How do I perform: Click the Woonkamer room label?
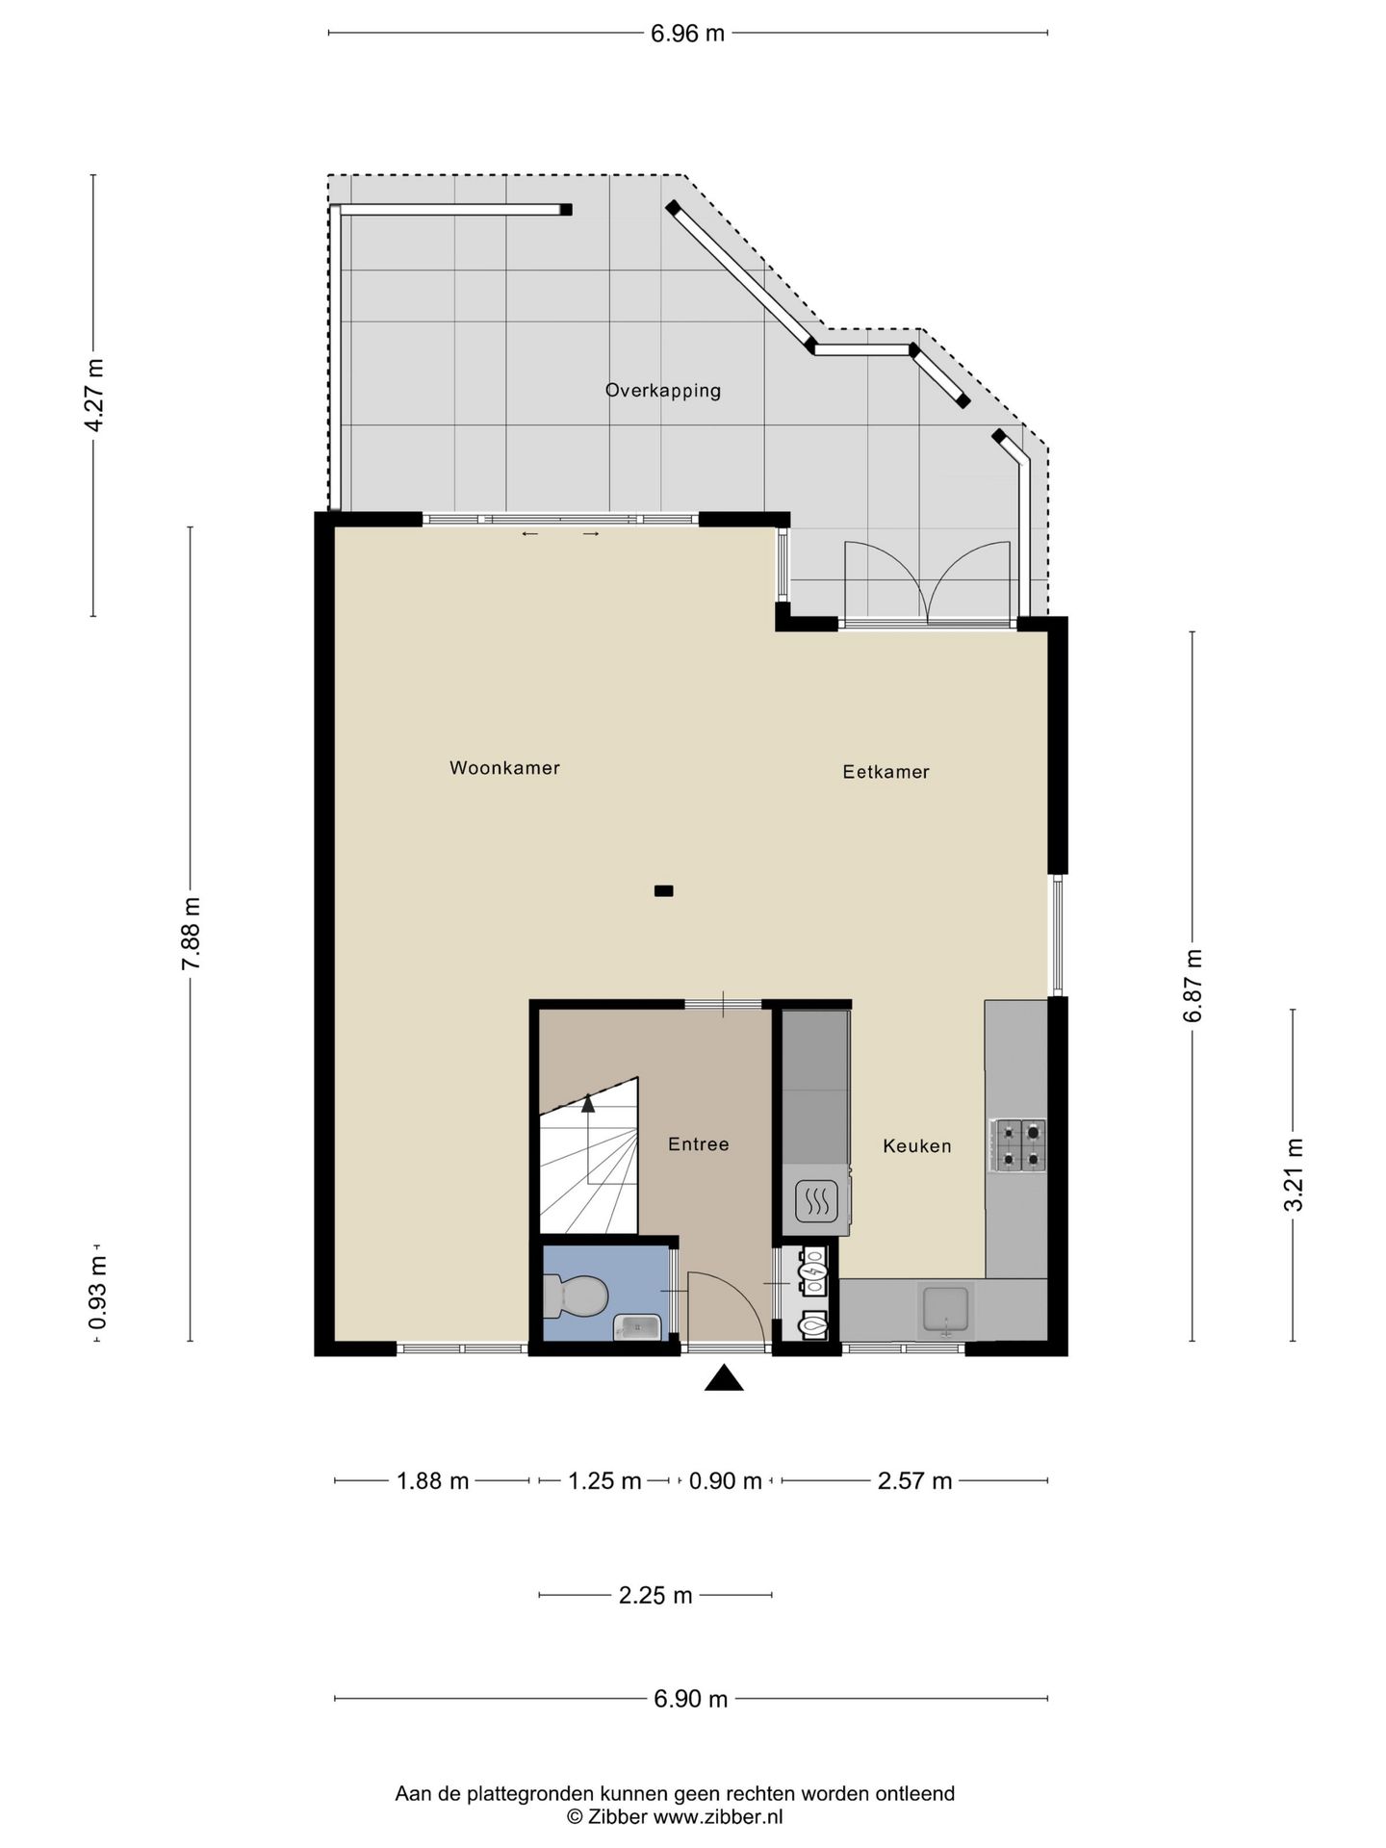pyautogui.click(x=504, y=768)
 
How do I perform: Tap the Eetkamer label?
pyautogui.click(x=885, y=772)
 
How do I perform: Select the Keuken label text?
pyautogui.click(x=917, y=1146)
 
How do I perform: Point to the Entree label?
pyautogui.click(x=699, y=1144)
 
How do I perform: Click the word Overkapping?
pyautogui.click(x=663, y=391)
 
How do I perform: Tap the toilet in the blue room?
pyautogui.click(x=575, y=1296)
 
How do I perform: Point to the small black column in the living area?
pyautogui.click(x=663, y=891)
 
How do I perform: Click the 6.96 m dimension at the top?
pyautogui.click(x=688, y=34)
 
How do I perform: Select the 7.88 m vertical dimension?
pyautogui.click(x=192, y=933)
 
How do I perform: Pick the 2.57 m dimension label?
pyautogui.click(x=914, y=1481)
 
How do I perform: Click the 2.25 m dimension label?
pyautogui.click(x=655, y=1596)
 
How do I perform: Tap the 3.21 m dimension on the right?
pyautogui.click(x=1295, y=1174)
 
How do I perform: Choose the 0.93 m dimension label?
pyautogui.click(x=97, y=1293)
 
